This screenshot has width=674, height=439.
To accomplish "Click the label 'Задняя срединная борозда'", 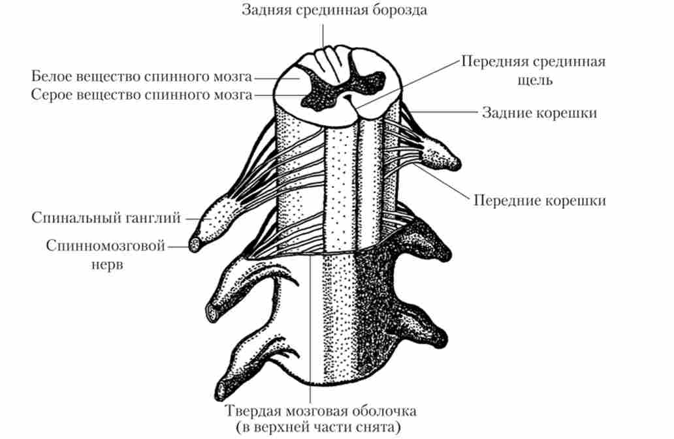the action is point(334,10).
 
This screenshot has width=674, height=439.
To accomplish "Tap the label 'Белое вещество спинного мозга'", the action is point(142,76).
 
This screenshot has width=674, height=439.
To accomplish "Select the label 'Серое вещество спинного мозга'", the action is point(142,95).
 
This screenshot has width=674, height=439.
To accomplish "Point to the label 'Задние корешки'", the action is point(539,113).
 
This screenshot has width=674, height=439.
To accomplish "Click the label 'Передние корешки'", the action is point(539,200).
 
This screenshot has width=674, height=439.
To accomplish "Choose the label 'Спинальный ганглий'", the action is point(106,218).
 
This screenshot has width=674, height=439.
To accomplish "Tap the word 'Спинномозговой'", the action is point(106,246).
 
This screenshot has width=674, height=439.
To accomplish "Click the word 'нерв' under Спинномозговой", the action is point(107,264).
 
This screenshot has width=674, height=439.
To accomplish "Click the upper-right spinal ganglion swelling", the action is point(442,154).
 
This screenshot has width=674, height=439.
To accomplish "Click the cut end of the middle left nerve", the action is point(213,312).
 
